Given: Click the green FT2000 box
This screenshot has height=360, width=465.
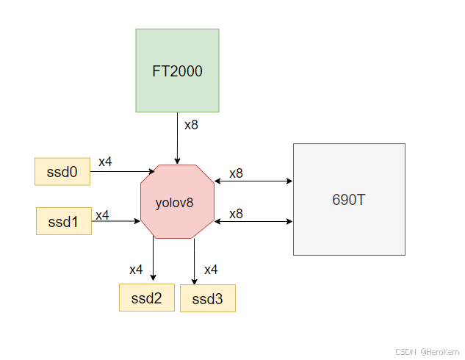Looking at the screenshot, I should pos(177,71).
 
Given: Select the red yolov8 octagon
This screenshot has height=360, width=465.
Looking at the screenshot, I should pos(177,201).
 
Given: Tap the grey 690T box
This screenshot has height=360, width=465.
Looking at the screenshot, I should pos(349,199).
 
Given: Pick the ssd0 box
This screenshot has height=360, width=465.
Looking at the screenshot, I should pos(62,171).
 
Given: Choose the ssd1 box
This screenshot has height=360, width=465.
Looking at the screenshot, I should pos(64,220).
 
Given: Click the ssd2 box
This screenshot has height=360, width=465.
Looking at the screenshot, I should pos(147,298).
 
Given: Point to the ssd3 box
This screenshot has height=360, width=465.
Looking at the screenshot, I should pos(207,298).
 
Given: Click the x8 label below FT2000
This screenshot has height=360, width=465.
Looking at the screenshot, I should pos(191,125).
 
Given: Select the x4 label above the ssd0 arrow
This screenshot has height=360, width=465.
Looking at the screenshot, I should pos(105,162).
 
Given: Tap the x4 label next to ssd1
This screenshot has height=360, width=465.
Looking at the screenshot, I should pos(102,215).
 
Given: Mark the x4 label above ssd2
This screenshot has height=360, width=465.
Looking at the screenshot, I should pos(136,270).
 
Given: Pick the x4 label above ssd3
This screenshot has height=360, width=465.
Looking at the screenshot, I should pos(211,270).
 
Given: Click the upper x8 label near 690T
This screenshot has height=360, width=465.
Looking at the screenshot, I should pos(236,174).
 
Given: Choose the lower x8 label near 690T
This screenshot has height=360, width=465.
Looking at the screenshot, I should pos(236,214).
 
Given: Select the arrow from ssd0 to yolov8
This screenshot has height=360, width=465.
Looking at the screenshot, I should pos(121,171).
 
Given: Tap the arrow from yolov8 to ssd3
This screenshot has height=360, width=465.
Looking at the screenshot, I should pos(195,261).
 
